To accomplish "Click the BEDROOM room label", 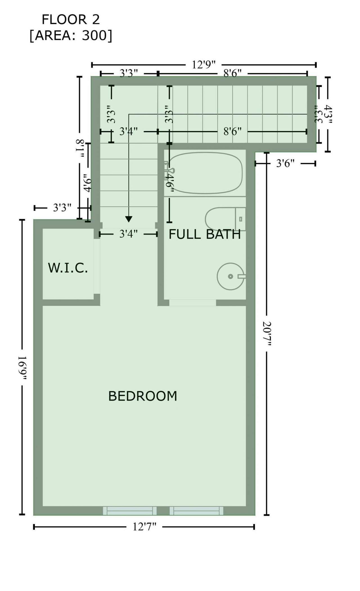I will click(x=143, y=396).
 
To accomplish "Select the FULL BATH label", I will click(x=204, y=234).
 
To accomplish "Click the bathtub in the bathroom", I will click(x=205, y=173).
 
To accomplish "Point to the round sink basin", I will click(x=230, y=276).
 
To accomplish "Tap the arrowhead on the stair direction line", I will click(x=129, y=219).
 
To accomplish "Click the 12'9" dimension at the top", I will click(x=204, y=65).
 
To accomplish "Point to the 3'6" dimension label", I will click(x=285, y=163).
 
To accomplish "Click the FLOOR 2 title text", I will click(x=71, y=20).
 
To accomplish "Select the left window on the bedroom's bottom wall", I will click(x=130, y=510).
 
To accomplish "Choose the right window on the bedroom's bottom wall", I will click(x=196, y=510).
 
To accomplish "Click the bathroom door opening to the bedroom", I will click(x=192, y=303).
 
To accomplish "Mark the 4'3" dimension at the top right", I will click(x=328, y=114).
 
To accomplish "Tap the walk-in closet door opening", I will click(x=97, y=266).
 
